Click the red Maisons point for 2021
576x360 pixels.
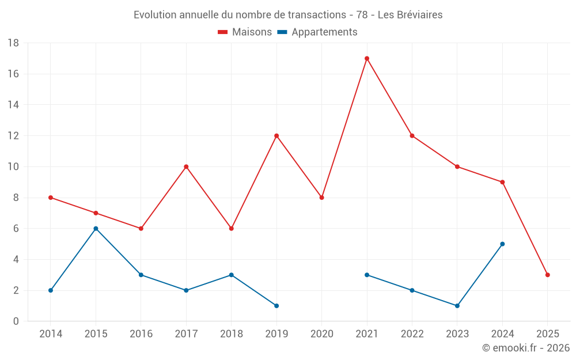coord(367,58)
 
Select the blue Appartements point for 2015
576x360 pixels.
coord(96,229)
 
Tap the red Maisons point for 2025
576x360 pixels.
coord(548,275)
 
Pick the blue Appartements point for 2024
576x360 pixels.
coord(502,244)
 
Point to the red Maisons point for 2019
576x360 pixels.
coord(276,136)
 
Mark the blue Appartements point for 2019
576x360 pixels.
coord(276,306)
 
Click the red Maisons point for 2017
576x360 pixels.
coord(186,166)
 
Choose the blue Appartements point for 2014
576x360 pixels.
coord(51,290)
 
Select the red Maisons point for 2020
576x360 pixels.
coord(322,198)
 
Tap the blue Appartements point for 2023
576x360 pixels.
coord(457,306)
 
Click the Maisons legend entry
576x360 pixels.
coord(245,32)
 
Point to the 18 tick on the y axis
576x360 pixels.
coord(13,43)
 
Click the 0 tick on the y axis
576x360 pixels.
coord(16,321)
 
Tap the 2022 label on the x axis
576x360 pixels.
coord(412,334)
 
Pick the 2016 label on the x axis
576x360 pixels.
coord(141,334)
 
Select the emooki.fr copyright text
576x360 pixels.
coord(526,348)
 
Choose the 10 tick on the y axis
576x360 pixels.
coord(13,167)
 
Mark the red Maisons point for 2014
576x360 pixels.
coord(51,198)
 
